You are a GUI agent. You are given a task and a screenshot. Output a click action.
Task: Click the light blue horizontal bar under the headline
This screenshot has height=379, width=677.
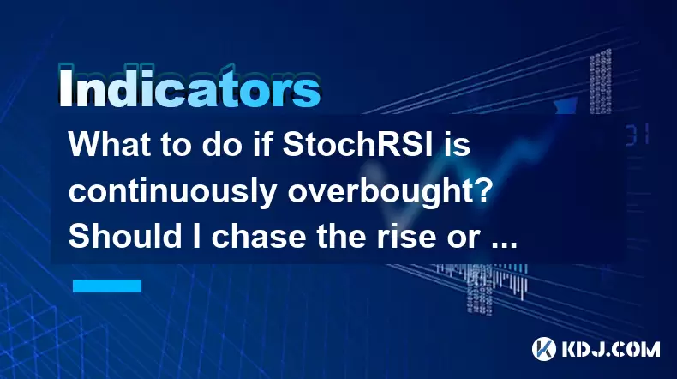(107, 286)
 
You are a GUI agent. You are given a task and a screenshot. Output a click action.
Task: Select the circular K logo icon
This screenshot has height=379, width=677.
(544, 349)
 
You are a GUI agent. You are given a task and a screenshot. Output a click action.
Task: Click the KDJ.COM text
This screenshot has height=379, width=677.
(611, 349)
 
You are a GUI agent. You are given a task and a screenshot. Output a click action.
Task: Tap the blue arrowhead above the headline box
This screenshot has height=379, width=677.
(566, 105)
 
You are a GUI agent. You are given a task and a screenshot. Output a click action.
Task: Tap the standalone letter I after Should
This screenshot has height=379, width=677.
(196, 236)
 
